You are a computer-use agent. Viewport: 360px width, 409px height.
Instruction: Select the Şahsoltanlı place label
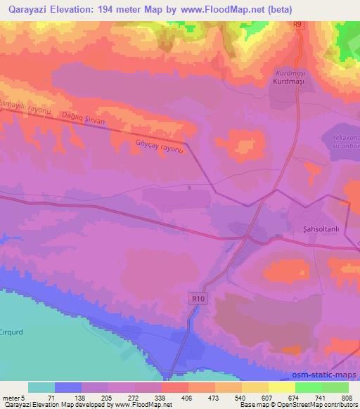(x=310, y=229)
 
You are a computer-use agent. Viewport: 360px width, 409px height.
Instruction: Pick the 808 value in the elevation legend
(x=347, y=398)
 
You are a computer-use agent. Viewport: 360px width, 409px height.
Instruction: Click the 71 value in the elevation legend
(x=51, y=398)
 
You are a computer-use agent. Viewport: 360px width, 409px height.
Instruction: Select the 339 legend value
(x=160, y=398)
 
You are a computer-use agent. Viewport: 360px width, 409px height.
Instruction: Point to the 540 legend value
(x=240, y=398)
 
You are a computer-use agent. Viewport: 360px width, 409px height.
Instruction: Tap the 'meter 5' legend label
(x=13, y=398)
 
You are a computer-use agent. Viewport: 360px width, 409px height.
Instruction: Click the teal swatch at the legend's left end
(x=41, y=387)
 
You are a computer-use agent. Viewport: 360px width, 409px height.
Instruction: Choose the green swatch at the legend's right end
(x=335, y=387)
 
